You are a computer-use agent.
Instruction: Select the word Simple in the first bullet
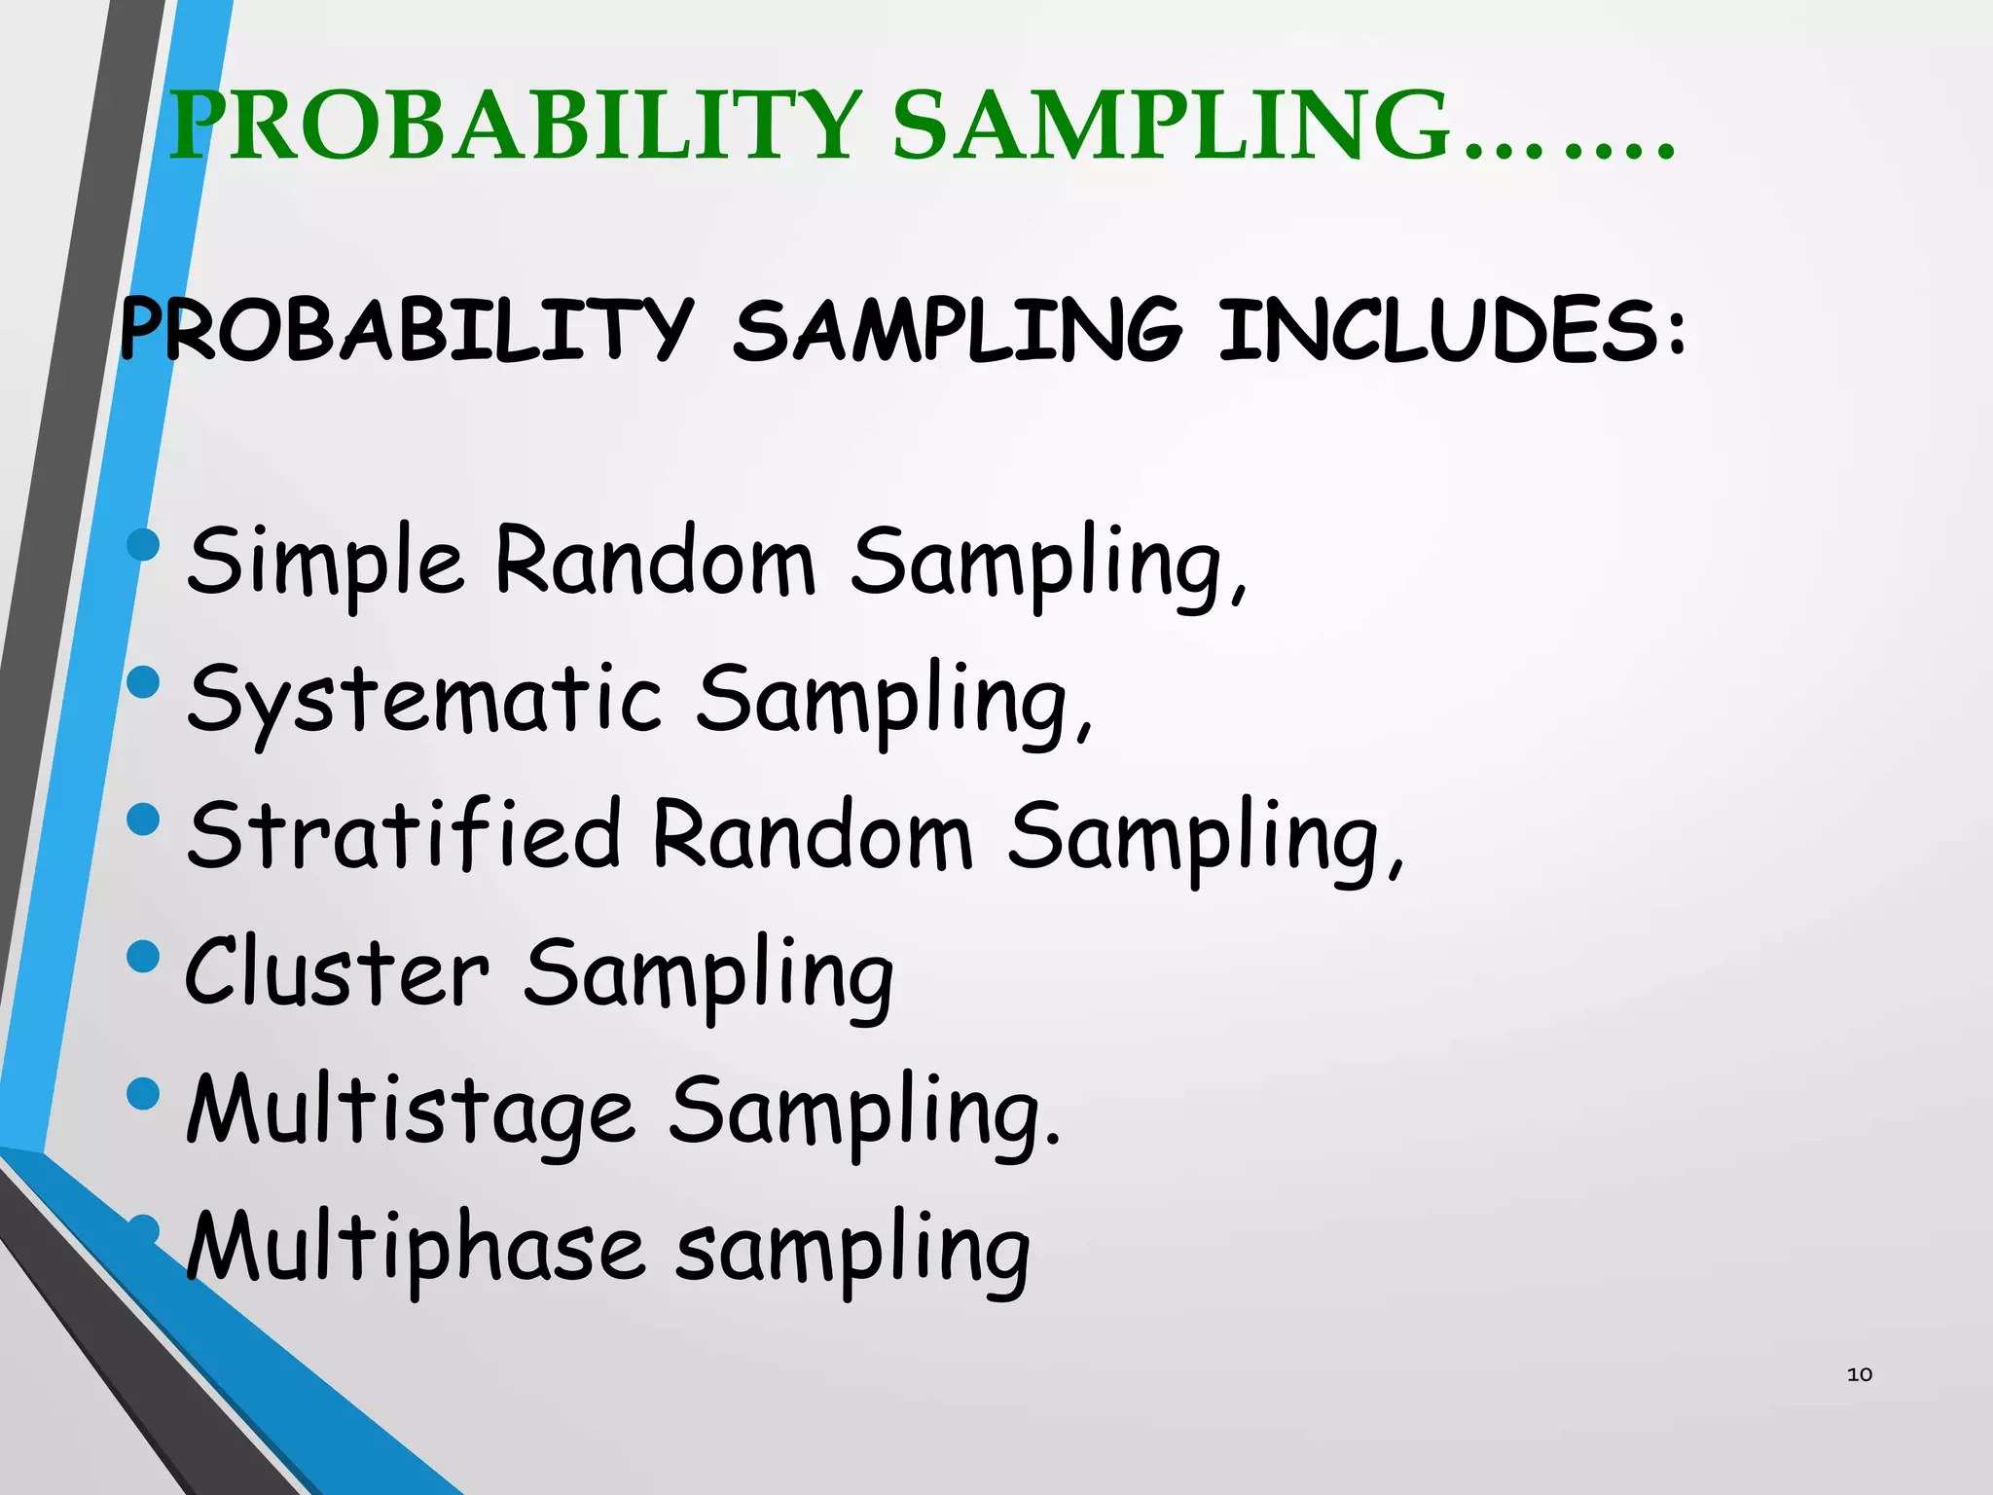[325, 562]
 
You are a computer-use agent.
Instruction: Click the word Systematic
[424, 700]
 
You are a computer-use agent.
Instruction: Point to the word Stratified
[403, 835]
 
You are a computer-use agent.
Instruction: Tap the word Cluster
[337, 972]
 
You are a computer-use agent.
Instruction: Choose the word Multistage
[411, 1111]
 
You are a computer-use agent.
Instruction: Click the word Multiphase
[415, 1249]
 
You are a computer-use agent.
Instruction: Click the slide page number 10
[1859, 1374]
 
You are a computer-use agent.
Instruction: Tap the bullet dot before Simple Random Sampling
[143, 544]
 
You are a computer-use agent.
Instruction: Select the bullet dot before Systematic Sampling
[143, 681]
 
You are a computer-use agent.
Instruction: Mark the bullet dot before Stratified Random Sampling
[143, 819]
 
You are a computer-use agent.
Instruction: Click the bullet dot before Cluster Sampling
[143, 956]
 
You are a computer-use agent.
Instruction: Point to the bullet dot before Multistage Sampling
[143, 1093]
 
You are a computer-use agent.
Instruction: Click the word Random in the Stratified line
[812, 835]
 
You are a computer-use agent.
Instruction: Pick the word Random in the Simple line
[655, 562]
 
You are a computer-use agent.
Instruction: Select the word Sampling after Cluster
[708, 974]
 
